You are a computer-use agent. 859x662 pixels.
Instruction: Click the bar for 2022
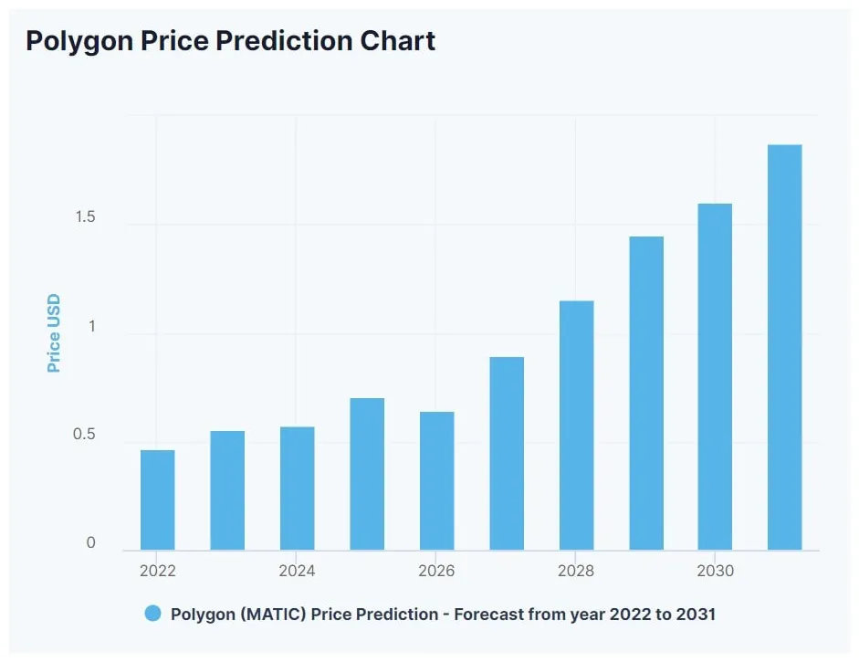pyautogui.click(x=157, y=500)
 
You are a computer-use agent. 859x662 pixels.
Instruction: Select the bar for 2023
pyautogui.click(x=227, y=491)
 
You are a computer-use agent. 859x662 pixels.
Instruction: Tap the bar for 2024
pyautogui.click(x=297, y=489)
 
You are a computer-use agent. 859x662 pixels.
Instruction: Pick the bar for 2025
pyautogui.click(x=367, y=475)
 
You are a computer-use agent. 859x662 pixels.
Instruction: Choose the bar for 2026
pyautogui.click(x=436, y=481)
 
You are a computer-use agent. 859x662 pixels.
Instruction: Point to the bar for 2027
pyautogui.click(x=507, y=454)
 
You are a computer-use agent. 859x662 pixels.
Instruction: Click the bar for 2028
pyautogui.click(x=576, y=426)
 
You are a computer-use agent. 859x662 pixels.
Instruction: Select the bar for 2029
pyautogui.click(x=646, y=394)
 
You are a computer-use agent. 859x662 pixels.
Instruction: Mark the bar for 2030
pyautogui.click(x=715, y=377)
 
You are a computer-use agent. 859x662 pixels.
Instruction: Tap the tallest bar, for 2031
pyautogui.click(x=784, y=348)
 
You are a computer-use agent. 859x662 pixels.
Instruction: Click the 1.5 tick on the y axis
pyautogui.click(x=86, y=217)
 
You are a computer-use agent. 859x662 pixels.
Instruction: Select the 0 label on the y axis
pyautogui.click(x=90, y=543)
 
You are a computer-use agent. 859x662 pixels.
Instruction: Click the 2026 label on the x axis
pyautogui.click(x=436, y=572)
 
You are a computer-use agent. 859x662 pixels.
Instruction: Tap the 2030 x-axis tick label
pyautogui.click(x=715, y=572)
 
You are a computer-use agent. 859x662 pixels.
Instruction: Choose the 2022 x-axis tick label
pyautogui.click(x=157, y=572)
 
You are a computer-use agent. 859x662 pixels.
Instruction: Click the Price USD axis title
pyautogui.click(x=54, y=333)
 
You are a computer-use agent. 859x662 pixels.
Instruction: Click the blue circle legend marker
pyautogui.click(x=152, y=614)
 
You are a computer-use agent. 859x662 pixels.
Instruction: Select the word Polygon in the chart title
pyautogui.click(x=76, y=41)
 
